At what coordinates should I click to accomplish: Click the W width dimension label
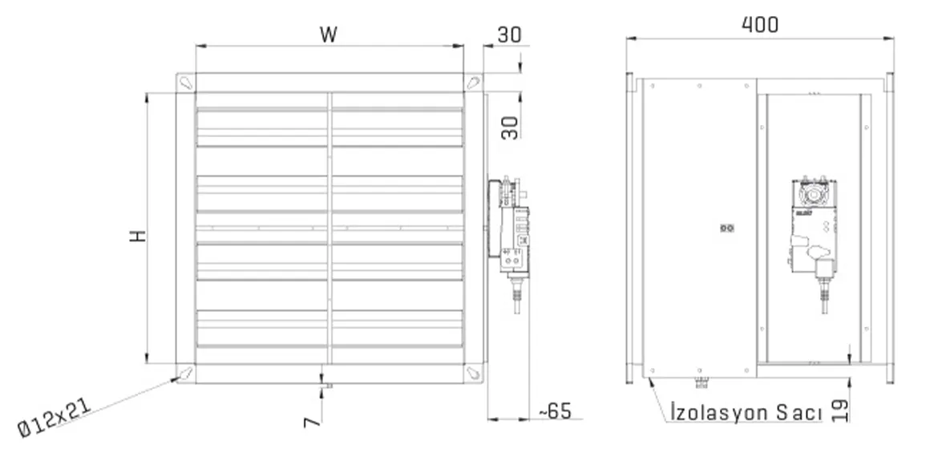pos(328,34)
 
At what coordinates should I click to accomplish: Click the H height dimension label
pos(139,237)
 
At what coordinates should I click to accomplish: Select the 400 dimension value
pos(759,25)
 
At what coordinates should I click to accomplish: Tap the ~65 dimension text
pos(554,411)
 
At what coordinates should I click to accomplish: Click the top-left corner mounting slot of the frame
pos(185,82)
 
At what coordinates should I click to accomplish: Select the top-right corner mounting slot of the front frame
pos(474,82)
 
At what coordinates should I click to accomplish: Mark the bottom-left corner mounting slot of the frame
pos(185,372)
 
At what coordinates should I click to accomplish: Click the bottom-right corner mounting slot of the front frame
pos(474,372)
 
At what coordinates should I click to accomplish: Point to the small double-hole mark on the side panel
pos(726,228)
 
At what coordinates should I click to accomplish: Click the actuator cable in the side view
pos(822,297)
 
